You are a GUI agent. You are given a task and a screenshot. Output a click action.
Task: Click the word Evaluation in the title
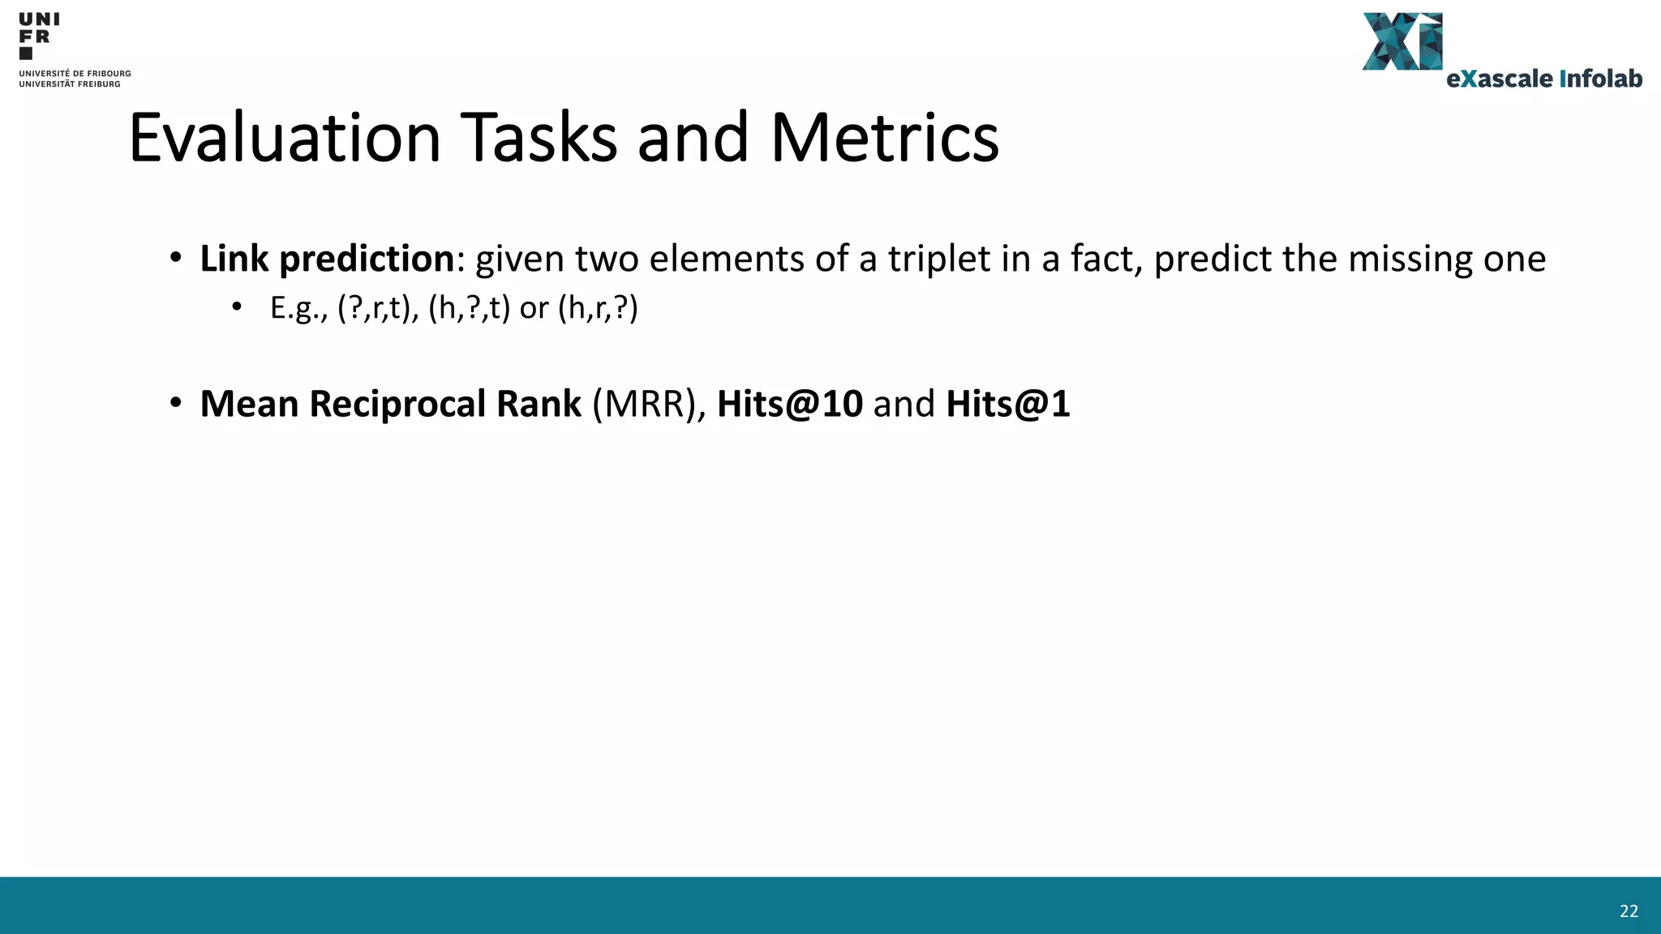pos(285,138)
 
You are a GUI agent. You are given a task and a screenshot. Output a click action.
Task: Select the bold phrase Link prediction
pos(327,259)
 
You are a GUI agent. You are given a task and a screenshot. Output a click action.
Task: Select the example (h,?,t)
pos(469,308)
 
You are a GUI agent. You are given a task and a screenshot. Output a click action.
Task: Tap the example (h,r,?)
pos(599,308)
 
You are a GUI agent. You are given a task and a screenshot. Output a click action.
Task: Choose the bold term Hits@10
pos(789,404)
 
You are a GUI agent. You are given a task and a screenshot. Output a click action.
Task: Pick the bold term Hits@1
pos(1007,404)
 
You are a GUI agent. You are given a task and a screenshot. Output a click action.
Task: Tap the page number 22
pos(1629,911)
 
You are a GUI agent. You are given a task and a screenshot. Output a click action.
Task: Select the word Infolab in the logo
pos(1600,79)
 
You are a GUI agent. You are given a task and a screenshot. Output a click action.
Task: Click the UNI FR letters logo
pos(38,35)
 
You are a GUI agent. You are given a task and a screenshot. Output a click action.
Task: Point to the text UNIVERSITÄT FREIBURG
pos(70,84)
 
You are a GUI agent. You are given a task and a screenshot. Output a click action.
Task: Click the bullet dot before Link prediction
pos(176,259)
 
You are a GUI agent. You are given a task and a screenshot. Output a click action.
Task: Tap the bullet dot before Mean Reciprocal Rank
pos(176,404)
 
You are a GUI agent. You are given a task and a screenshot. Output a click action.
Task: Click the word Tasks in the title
pos(539,138)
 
